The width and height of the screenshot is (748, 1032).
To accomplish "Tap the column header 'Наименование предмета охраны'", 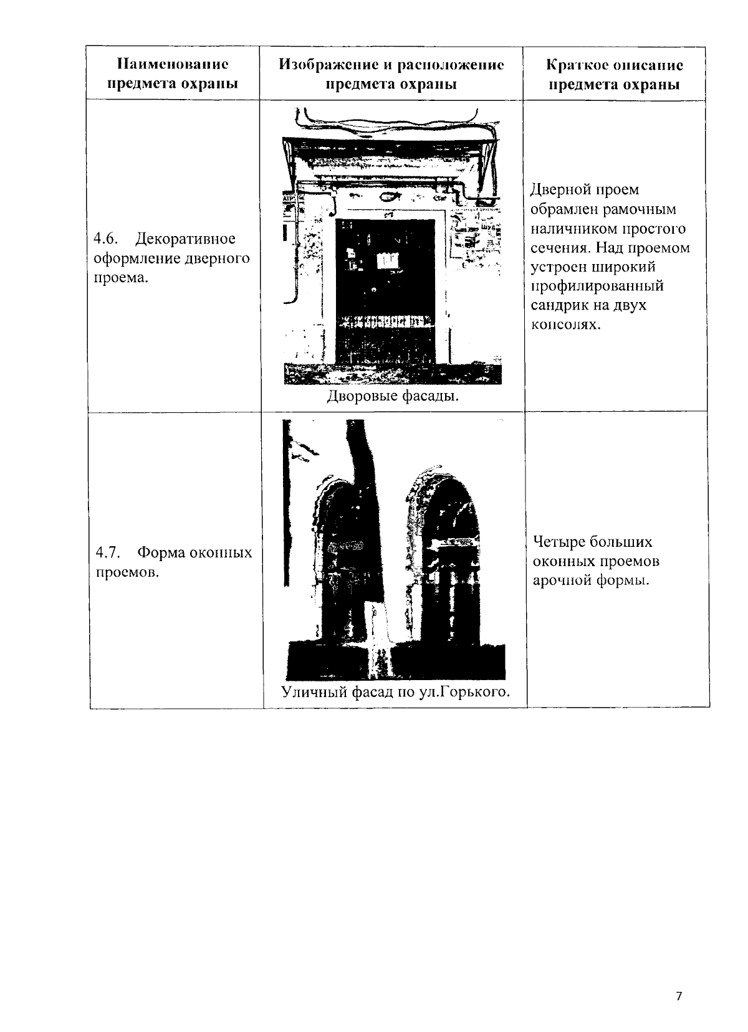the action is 173,74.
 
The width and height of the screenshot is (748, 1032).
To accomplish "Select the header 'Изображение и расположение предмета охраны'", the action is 391,74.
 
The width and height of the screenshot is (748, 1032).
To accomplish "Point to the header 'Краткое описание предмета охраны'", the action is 615,74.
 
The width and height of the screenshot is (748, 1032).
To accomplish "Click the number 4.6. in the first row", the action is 104,239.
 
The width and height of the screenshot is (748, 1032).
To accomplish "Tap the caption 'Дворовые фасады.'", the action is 393,397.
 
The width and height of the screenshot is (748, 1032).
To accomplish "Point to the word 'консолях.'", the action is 565,325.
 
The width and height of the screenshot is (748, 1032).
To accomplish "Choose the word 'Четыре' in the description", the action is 558,542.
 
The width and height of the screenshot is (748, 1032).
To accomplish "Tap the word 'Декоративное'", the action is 186,239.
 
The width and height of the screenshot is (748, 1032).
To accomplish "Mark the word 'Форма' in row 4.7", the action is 158,553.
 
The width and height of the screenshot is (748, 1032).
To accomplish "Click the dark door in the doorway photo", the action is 385,293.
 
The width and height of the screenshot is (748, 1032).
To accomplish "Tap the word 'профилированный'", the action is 597,286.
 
